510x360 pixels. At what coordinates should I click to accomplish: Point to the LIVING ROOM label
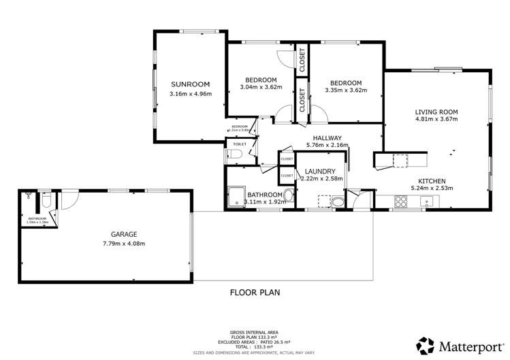pyautogui.click(x=436, y=111)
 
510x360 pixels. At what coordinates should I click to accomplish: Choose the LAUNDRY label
pyautogui.click(x=320, y=171)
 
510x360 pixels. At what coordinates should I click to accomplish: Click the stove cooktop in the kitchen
pyautogui.click(x=401, y=201)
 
